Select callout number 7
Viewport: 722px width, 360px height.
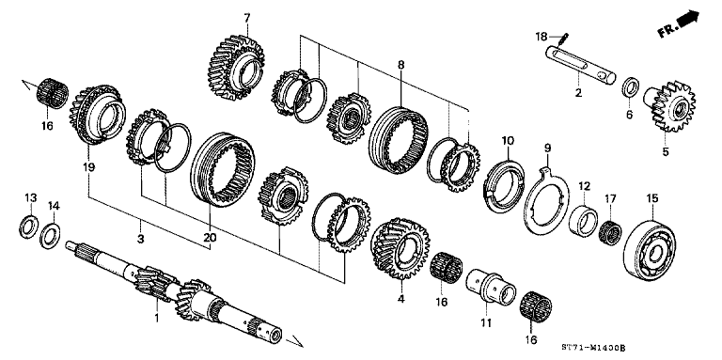point(247,18)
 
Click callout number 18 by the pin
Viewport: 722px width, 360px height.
point(541,37)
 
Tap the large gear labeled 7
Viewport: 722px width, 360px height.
point(238,66)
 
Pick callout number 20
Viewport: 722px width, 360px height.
point(208,237)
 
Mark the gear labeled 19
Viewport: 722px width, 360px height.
point(99,112)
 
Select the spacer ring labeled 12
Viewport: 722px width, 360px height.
point(584,219)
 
